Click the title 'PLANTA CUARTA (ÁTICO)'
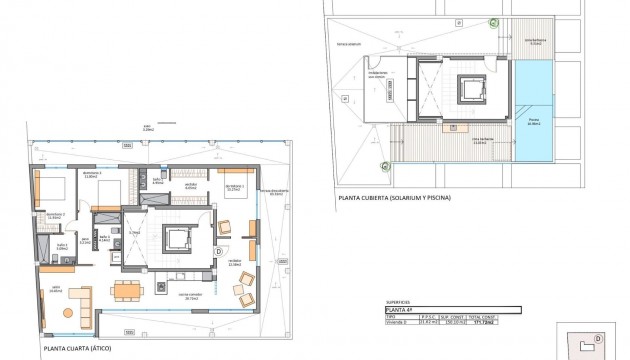[x=83, y=350]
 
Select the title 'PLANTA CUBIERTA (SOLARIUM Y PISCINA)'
[x=394, y=198]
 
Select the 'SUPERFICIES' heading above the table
[x=398, y=302]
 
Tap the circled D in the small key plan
[x=597, y=339]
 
